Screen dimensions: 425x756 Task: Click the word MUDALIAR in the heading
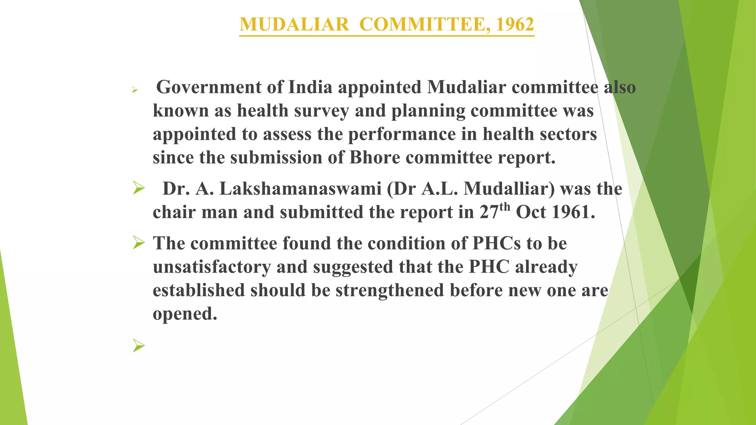pyautogui.click(x=294, y=24)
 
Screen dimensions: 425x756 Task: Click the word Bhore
pyautogui.click(x=375, y=158)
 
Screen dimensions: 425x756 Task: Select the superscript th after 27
pyautogui.click(x=505, y=207)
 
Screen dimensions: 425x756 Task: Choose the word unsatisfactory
pyautogui.click(x=212, y=267)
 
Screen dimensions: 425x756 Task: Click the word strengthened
pyautogui.click(x=390, y=290)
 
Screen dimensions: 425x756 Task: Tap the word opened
pyautogui.click(x=185, y=314)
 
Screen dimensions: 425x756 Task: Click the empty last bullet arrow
pyautogui.click(x=139, y=346)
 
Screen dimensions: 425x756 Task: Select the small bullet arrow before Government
pyautogui.click(x=135, y=90)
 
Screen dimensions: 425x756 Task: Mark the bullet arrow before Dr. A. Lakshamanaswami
pyautogui.click(x=139, y=189)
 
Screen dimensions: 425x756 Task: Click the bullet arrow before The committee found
pyautogui.click(x=139, y=243)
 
